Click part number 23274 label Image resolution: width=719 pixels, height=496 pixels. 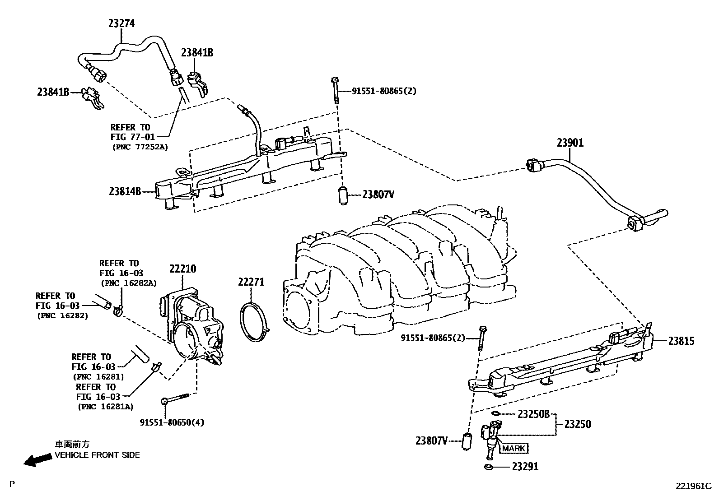click(121, 23)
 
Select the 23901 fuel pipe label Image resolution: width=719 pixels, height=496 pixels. click(570, 143)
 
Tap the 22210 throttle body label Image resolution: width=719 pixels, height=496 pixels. click(182, 269)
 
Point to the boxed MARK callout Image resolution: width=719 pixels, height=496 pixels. click(514, 448)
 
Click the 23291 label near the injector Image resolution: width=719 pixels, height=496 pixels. click(525, 467)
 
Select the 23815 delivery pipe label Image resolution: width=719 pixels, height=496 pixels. click(682, 341)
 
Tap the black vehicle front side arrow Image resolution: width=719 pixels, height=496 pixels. click(37, 460)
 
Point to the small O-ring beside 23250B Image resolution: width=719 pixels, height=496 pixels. click(495, 413)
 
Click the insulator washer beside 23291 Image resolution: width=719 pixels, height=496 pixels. click(488, 467)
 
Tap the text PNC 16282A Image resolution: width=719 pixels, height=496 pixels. click(128, 283)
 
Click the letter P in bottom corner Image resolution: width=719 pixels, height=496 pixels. click(12, 484)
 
